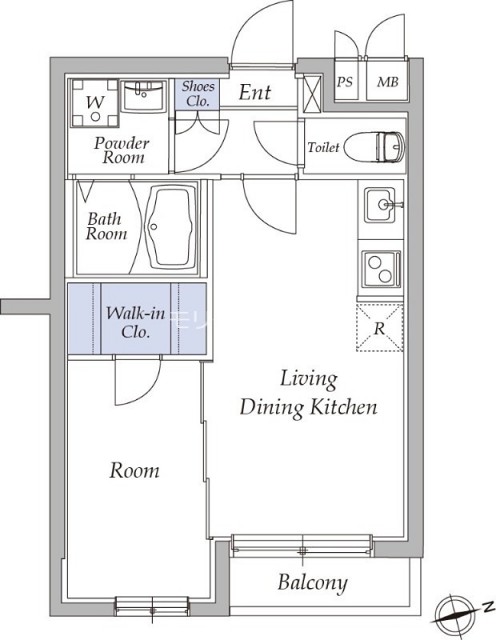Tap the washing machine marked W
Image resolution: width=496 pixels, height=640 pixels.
[95, 103]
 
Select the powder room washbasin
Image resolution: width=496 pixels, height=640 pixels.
[144, 96]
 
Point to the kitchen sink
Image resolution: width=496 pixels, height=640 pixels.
[380, 205]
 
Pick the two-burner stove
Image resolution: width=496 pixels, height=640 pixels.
[381, 269]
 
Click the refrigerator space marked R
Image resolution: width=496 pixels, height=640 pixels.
[380, 328]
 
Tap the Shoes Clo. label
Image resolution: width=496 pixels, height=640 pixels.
[198, 93]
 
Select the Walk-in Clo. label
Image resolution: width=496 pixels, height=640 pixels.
[136, 322]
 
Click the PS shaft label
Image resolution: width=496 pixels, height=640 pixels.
[345, 82]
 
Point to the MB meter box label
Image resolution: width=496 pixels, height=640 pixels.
[387, 82]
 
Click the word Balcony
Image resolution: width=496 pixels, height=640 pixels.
[313, 582]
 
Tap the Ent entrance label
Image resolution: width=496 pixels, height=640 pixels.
[255, 92]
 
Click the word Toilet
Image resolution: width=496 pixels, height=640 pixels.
[323, 147]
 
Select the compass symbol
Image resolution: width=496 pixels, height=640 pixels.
[453, 614]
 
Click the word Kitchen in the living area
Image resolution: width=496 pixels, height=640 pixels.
[344, 407]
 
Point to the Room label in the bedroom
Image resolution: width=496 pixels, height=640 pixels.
[134, 471]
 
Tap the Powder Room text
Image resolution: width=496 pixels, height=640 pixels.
[121, 150]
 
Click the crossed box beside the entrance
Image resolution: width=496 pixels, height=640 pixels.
[312, 94]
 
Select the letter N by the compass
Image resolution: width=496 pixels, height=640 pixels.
[486, 607]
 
